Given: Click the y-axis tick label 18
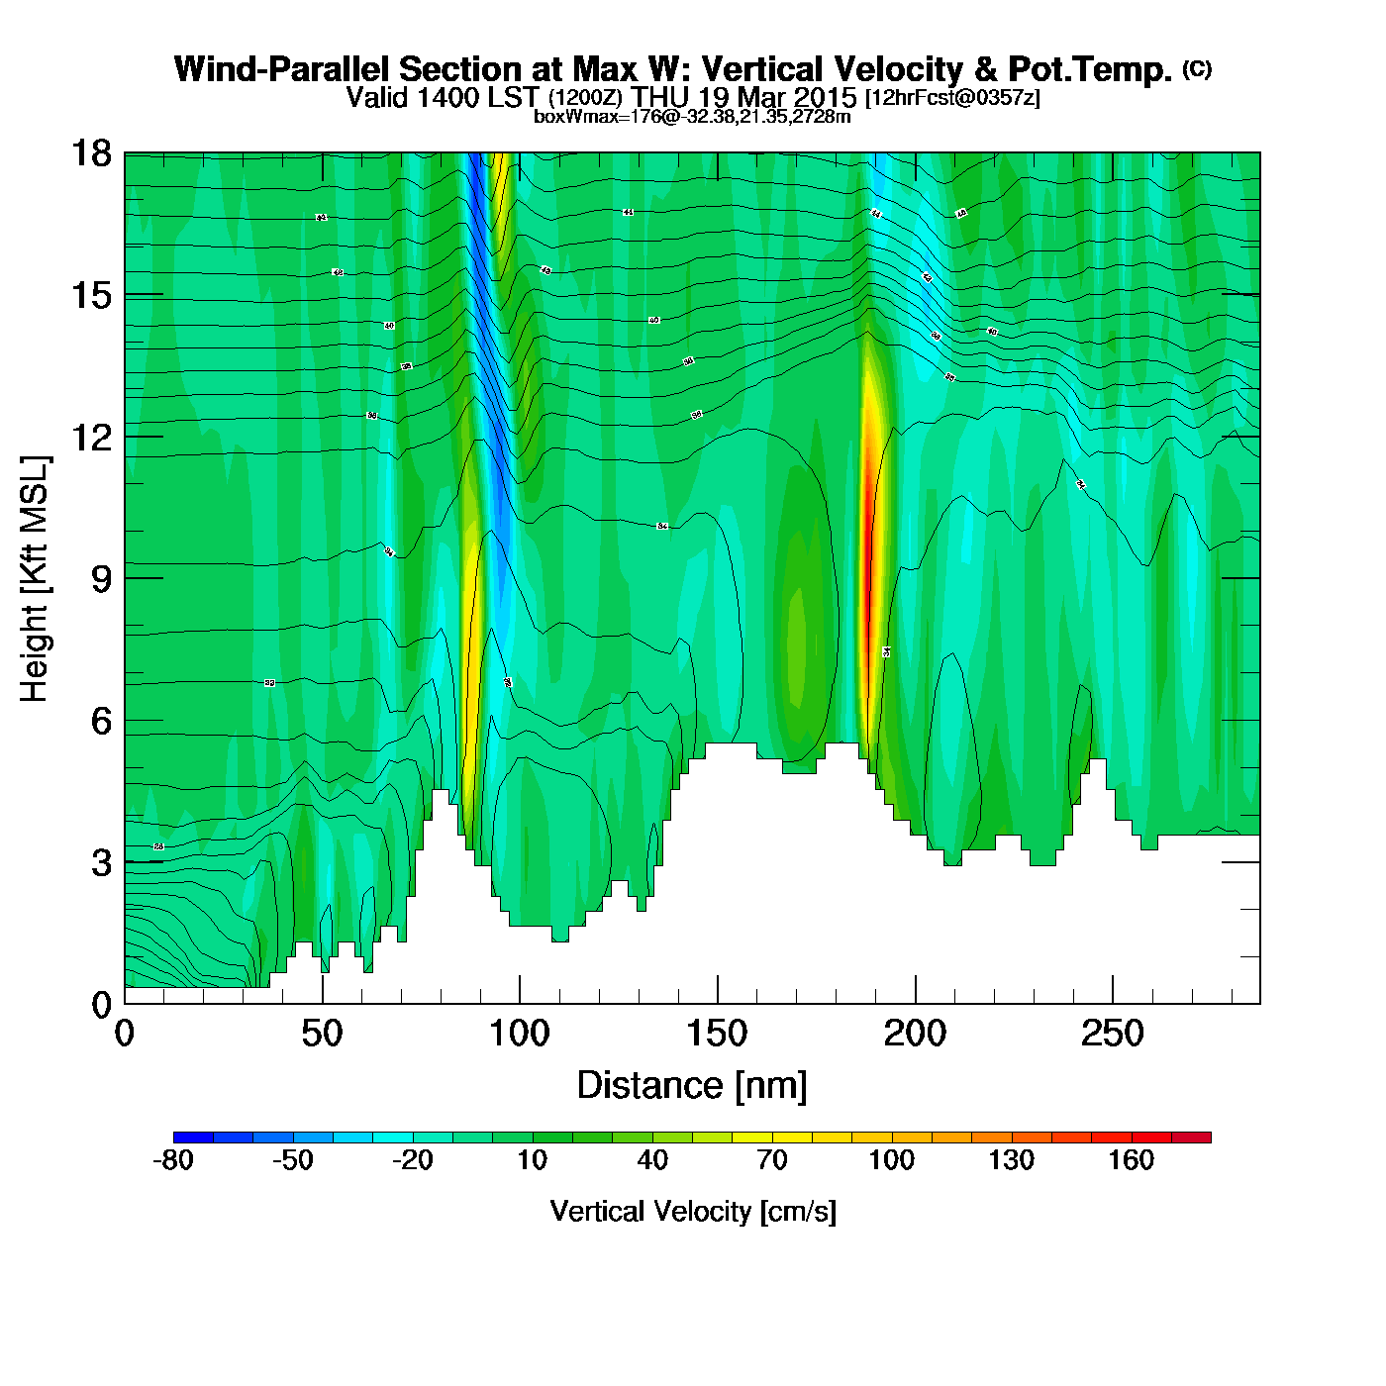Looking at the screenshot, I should [90, 153].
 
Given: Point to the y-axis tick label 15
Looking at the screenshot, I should [90, 295].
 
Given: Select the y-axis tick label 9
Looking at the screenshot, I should [101, 579].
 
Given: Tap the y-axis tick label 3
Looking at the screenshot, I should [101, 863].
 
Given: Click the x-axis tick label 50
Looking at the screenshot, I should [322, 1035].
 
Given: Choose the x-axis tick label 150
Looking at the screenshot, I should [717, 1035].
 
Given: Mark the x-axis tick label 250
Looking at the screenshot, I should [1112, 1035].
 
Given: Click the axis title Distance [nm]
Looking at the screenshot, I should [692, 1086].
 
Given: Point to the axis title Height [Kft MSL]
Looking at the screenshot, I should [35, 579].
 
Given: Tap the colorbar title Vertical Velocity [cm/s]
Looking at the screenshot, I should [693, 1212].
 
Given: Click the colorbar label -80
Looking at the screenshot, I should [173, 1160].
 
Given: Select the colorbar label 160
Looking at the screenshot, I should [1131, 1160].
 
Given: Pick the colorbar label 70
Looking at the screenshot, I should [771, 1160].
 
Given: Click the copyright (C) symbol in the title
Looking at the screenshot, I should [1197, 68].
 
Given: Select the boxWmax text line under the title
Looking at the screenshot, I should [692, 117].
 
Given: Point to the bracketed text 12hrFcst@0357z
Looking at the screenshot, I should [952, 98].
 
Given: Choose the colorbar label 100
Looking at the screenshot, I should [891, 1160].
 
